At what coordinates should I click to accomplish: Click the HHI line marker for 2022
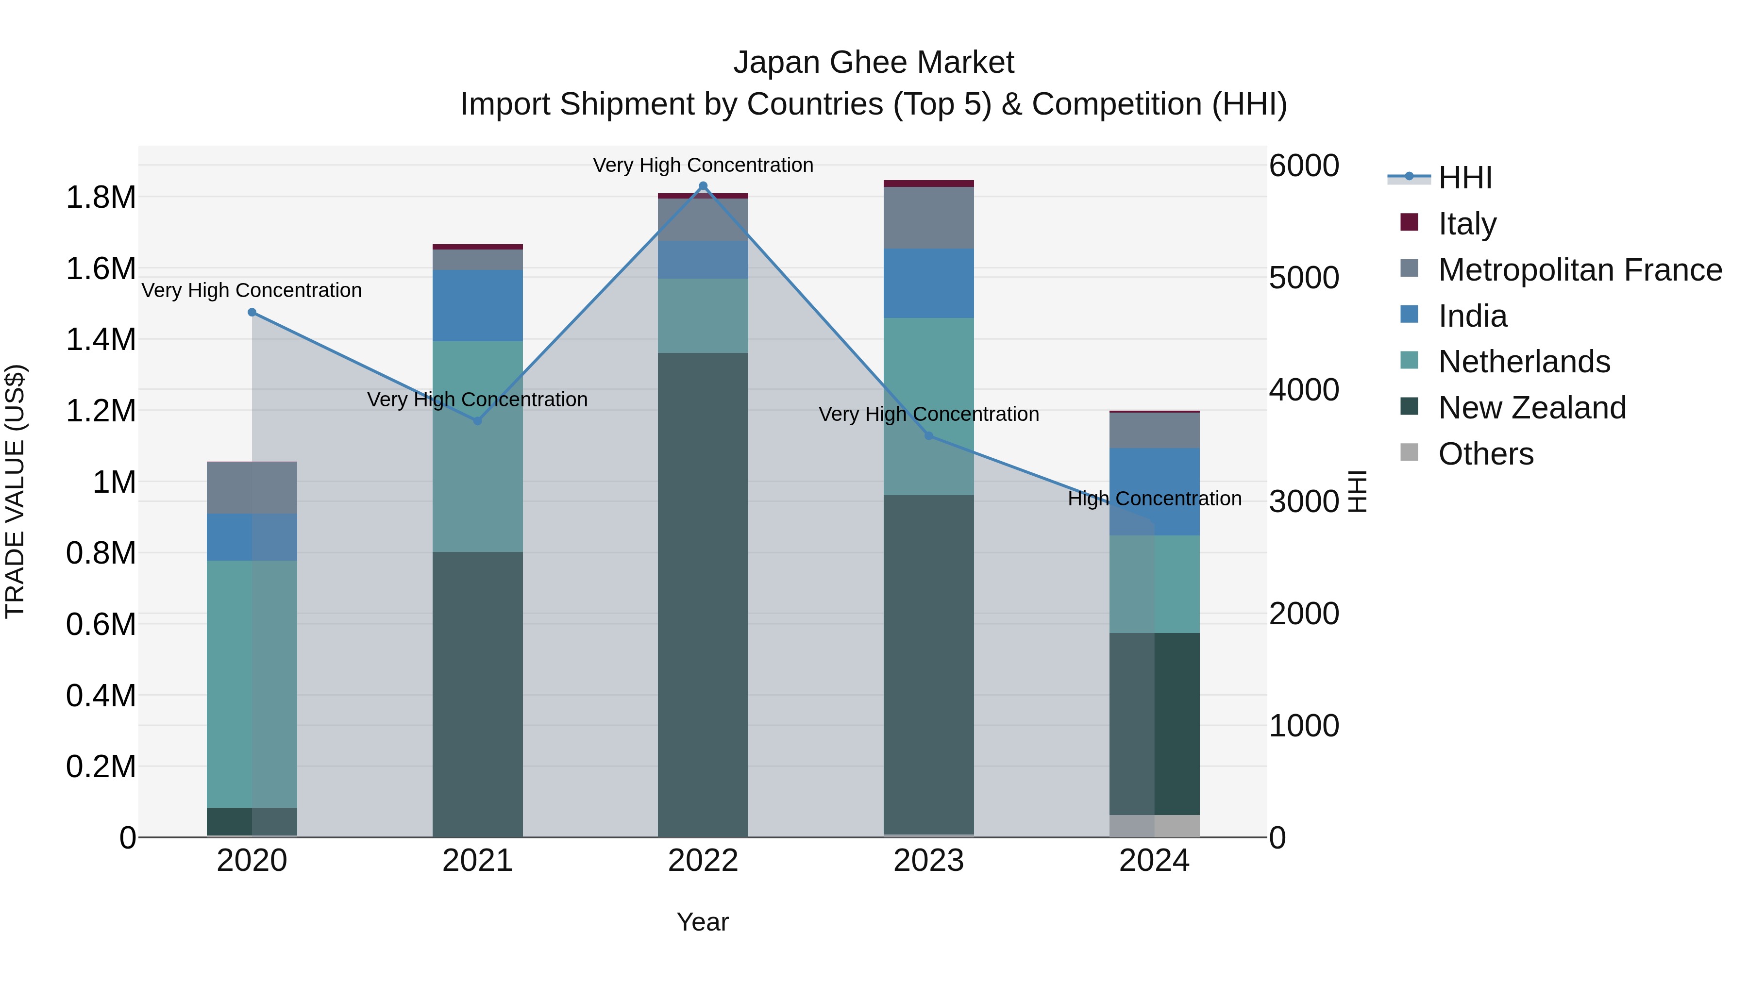(703, 186)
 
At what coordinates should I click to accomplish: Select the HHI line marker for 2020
(252, 312)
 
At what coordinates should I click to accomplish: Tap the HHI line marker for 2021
(477, 420)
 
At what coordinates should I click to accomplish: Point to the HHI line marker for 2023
(929, 435)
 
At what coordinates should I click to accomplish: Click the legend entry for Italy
(1466, 223)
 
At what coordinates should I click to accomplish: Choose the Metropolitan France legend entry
(1580, 269)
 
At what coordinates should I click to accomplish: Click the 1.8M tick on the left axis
(101, 198)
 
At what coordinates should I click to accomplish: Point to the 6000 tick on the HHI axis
(1304, 166)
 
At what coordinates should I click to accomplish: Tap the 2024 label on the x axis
(1154, 861)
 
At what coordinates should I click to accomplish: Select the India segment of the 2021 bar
(477, 305)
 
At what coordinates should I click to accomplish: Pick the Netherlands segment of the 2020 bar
(252, 684)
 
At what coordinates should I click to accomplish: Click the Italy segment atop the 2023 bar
(928, 183)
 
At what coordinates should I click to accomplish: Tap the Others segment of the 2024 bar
(1154, 826)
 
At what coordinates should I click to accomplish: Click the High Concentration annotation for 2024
(1154, 499)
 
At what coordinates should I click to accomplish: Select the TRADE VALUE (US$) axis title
(15, 491)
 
